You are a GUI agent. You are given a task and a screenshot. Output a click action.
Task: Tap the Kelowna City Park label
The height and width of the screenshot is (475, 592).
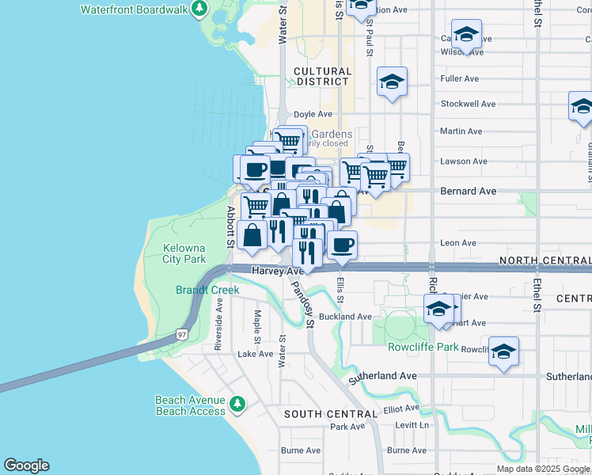pyautogui.click(x=184, y=253)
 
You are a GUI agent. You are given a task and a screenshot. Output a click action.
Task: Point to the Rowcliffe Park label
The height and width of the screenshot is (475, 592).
pyautogui.click(x=423, y=347)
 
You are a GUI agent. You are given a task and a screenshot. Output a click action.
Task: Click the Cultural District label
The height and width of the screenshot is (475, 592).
pyautogui.click(x=322, y=76)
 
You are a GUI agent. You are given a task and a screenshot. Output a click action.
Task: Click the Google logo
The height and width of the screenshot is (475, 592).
pyautogui.click(x=26, y=465)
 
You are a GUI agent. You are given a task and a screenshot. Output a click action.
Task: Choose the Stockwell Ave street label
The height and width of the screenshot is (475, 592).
pyautogui.click(x=468, y=104)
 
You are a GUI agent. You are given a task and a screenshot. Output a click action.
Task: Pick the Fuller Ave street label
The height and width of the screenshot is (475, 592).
pyautogui.click(x=460, y=78)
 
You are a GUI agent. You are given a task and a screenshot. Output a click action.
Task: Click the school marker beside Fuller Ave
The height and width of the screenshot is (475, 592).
pyautogui.click(x=392, y=82)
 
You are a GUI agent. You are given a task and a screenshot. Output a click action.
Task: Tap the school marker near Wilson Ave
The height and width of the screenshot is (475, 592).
pyautogui.click(x=467, y=35)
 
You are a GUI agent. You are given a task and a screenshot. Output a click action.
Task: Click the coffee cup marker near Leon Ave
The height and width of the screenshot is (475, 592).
pyautogui.click(x=342, y=245)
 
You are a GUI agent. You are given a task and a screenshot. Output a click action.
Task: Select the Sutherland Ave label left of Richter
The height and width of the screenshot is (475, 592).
pyautogui.click(x=383, y=375)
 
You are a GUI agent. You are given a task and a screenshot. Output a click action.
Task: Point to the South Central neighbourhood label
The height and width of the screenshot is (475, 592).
pyautogui.click(x=331, y=414)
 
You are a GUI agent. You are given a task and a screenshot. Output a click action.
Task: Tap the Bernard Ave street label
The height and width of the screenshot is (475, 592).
pyautogui.click(x=469, y=191)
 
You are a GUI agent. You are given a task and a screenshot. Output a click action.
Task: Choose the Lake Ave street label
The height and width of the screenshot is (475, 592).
pyautogui.click(x=256, y=354)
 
